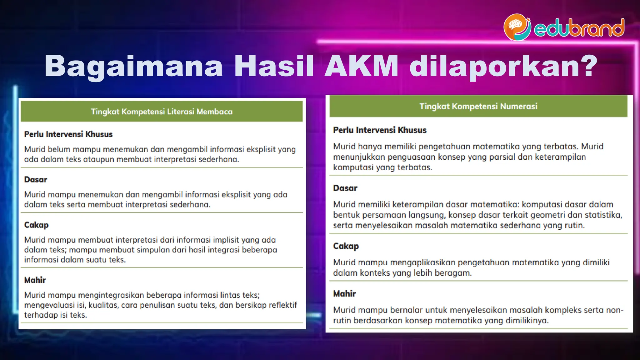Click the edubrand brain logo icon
click(517, 27)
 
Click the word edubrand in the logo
click(579, 28)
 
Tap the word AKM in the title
click(362, 66)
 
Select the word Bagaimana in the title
click(134, 67)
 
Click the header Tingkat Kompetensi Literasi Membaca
click(162, 112)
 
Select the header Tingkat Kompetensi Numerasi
click(478, 106)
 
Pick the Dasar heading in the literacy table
click(36, 180)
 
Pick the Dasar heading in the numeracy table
click(345, 188)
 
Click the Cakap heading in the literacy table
click(36, 225)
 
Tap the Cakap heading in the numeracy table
click(346, 246)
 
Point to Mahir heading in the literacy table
click(35, 280)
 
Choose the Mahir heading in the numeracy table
click(344, 294)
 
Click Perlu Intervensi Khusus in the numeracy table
click(380, 130)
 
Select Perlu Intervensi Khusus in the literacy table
click(68, 134)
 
